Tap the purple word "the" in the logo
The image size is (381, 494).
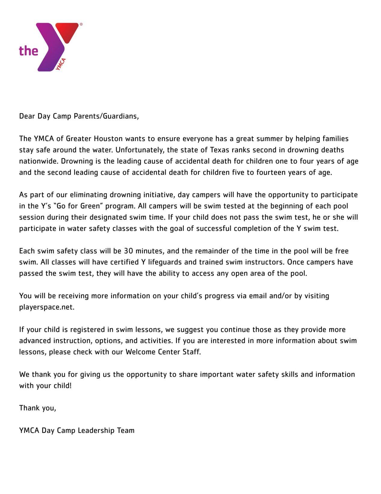(x=29, y=50)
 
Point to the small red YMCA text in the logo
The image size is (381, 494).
(x=60, y=64)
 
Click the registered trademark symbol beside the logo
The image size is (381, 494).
(x=81, y=24)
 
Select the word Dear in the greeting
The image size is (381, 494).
(x=27, y=116)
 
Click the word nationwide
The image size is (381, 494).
(x=38, y=161)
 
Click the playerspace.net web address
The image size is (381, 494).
(x=47, y=307)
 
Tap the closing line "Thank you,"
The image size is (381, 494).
(x=38, y=408)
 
